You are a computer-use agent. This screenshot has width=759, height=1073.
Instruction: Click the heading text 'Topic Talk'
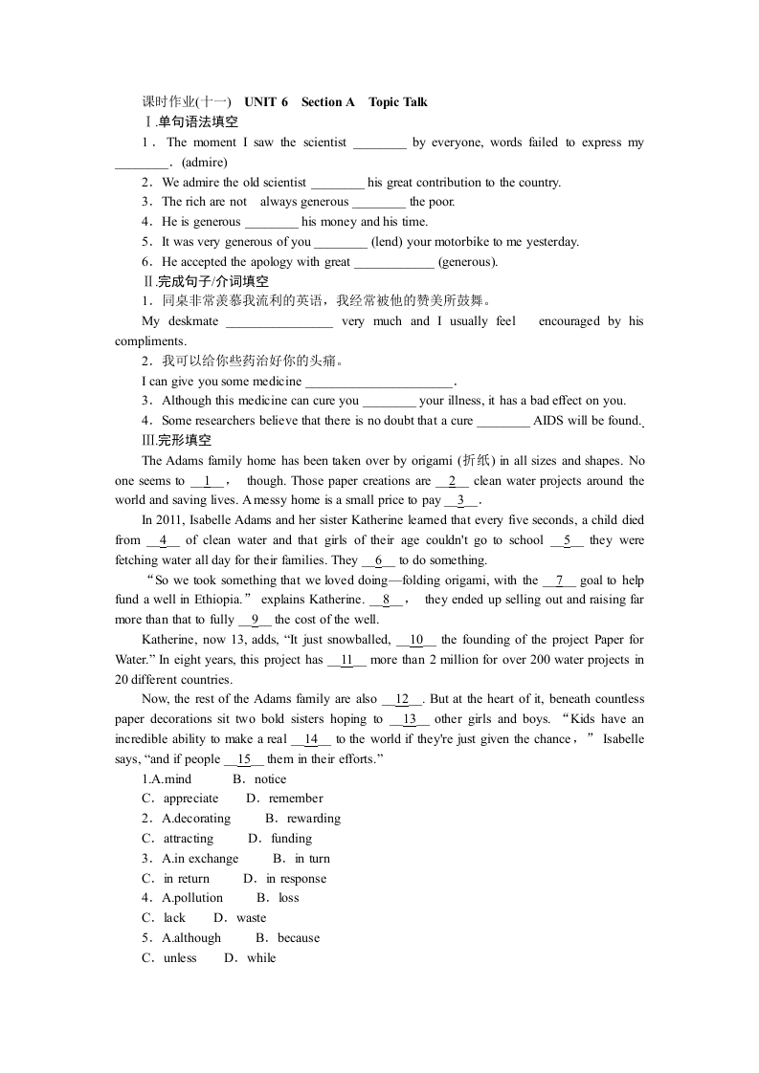(x=397, y=102)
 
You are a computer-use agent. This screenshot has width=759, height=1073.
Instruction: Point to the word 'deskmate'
(x=190, y=321)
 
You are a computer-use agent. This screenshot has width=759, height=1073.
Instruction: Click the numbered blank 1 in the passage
(x=208, y=481)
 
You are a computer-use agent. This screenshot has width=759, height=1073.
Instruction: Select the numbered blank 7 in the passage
(x=559, y=580)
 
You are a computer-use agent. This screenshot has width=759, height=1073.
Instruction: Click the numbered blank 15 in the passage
(x=244, y=759)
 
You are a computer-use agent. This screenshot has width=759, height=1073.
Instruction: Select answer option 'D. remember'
(x=284, y=799)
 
